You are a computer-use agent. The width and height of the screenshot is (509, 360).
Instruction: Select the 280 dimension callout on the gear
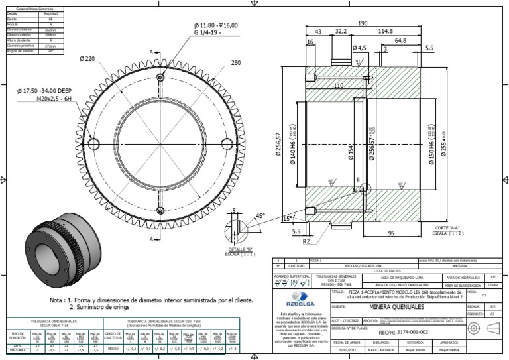[x=236, y=64]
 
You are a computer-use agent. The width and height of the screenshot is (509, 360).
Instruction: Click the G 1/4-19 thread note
[x=215, y=32]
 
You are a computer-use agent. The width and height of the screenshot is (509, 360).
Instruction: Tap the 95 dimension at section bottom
[x=392, y=233]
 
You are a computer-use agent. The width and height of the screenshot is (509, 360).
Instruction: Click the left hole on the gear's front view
[x=93, y=144]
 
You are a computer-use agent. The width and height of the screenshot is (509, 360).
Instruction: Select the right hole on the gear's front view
[x=226, y=144]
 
